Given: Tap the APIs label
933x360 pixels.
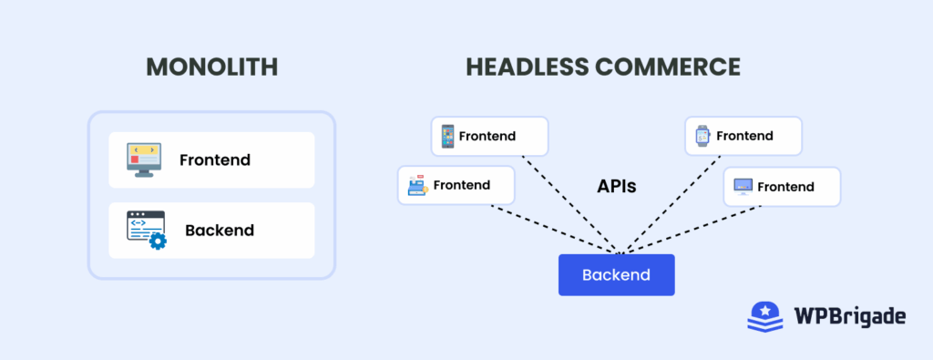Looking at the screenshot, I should click(616, 186).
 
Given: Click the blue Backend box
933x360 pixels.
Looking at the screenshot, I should click(616, 275).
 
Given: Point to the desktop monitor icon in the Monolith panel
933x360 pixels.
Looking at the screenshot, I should click(143, 159).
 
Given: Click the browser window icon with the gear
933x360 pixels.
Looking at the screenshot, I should click(146, 231).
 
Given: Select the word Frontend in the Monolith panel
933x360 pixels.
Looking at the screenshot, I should click(215, 160).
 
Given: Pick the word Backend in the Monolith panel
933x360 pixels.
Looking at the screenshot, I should click(220, 231).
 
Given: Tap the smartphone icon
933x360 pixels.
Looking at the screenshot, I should click(446, 136).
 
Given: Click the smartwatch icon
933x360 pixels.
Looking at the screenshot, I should click(702, 136).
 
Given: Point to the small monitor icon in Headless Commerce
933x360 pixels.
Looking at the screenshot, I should click(743, 187).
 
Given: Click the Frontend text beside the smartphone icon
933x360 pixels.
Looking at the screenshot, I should click(487, 136).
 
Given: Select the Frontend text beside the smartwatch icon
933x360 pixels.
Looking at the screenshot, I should click(744, 136).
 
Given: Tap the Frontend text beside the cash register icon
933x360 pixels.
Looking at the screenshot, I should click(461, 185).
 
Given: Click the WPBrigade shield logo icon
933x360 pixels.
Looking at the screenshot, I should click(765, 316).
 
